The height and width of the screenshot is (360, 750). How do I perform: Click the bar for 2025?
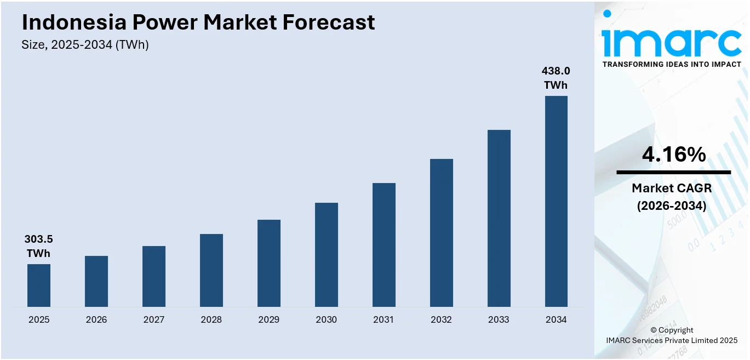[39, 285]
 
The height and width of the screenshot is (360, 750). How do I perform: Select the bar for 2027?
[154, 276]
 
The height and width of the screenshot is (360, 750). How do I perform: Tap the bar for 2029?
[269, 263]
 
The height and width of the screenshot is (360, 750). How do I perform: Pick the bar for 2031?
[384, 245]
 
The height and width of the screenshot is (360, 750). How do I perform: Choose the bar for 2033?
[499, 218]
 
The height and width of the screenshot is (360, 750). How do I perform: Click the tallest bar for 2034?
[556, 201]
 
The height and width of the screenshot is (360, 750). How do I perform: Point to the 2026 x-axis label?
[96, 319]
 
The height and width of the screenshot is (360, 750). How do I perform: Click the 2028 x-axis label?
[211, 319]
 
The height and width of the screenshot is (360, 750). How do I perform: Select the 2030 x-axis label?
[327, 319]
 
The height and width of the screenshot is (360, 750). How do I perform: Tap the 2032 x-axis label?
[442, 319]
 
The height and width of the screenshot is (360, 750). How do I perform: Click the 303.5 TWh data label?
[38, 246]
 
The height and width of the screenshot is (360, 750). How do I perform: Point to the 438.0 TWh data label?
[556, 78]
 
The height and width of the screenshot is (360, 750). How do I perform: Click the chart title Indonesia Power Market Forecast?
[198, 22]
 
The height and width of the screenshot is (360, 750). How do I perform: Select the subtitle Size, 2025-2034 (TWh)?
[85, 45]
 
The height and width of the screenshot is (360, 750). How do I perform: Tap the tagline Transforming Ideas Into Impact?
[672, 65]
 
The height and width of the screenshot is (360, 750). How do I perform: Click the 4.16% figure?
[673, 155]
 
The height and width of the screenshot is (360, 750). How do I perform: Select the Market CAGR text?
[672, 188]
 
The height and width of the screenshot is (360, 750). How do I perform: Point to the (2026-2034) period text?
[672, 206]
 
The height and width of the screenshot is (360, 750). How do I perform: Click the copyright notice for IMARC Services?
[672, 335]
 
